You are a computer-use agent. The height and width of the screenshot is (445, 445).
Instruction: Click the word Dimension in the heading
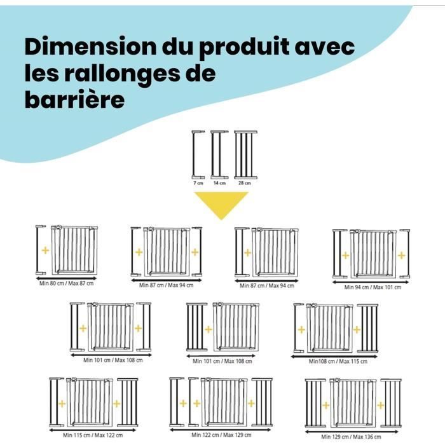click(x=90, y=46)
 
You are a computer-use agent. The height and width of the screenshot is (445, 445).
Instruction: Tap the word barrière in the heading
click(x=74, y=100)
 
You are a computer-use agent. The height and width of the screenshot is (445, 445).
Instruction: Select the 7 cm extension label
click(x=198, y=183)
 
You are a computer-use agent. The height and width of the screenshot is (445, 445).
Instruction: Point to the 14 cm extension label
click(x=220, y=183)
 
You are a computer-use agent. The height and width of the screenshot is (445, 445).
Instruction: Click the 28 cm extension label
click(x=245, y=183)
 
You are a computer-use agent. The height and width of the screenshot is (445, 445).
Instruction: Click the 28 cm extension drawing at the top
click(x=246, y=154)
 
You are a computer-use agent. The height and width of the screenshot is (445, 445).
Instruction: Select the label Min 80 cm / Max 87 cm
click(x=66, y=284)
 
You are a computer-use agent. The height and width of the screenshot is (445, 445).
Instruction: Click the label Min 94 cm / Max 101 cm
click(x=373, y=287)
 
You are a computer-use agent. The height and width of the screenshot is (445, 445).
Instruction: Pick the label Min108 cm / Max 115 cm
click(x=338, y=361)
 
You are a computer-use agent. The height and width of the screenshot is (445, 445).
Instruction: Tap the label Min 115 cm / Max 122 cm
click(x=93, y=435)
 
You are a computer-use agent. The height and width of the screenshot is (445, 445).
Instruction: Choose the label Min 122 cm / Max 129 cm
click(x=221, y=435)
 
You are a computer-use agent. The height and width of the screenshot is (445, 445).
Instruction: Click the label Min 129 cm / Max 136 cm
click(x=351, y=437)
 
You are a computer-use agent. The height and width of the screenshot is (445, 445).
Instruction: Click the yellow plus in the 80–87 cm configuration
click(x=45, y=250)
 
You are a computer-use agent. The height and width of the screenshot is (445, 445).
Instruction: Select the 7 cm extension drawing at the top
click(x=198, y=154)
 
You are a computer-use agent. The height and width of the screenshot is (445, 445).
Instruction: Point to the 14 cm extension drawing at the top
click(x=220, y=154)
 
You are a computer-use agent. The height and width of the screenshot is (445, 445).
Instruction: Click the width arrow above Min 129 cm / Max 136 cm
click(x=352, y=432)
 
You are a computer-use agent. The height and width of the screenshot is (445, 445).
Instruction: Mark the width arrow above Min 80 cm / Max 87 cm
click(x=66, y=278)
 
